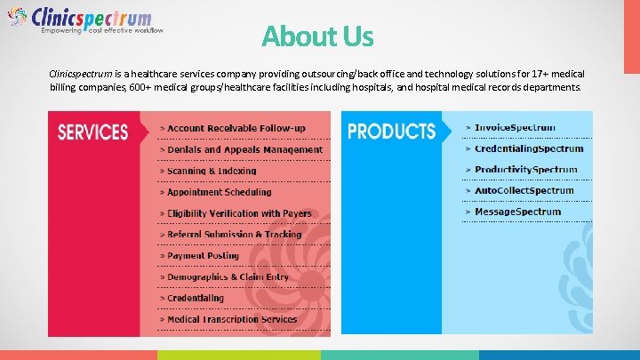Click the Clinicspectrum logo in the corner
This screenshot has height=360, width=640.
84,20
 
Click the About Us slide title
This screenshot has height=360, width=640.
317,36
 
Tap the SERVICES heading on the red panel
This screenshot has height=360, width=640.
92,132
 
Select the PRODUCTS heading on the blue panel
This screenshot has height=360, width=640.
391,132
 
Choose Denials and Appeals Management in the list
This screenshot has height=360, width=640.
244,150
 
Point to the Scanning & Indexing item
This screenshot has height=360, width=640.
212,171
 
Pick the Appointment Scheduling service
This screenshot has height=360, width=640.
220,192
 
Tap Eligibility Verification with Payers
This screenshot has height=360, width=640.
239,213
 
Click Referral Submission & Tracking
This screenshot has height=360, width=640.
235,235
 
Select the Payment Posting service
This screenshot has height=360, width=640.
204,256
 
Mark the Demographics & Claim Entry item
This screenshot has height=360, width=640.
228,277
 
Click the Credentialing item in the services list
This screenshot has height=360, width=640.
196,299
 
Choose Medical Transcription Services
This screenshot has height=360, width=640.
232,320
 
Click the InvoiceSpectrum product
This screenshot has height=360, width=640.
515,128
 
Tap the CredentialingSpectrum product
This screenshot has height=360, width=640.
529,149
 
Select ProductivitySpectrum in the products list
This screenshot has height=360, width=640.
525,170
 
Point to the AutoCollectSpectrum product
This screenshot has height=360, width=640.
524,191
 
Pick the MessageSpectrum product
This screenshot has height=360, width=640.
517,212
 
